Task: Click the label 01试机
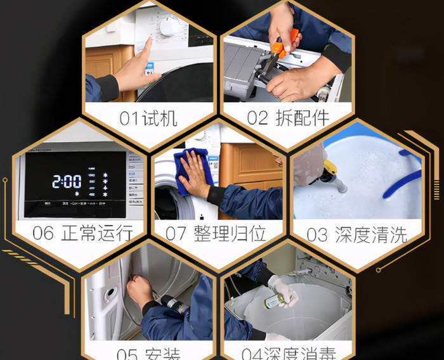148,119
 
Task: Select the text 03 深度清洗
356,234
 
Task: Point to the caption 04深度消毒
288,352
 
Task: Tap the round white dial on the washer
170,26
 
